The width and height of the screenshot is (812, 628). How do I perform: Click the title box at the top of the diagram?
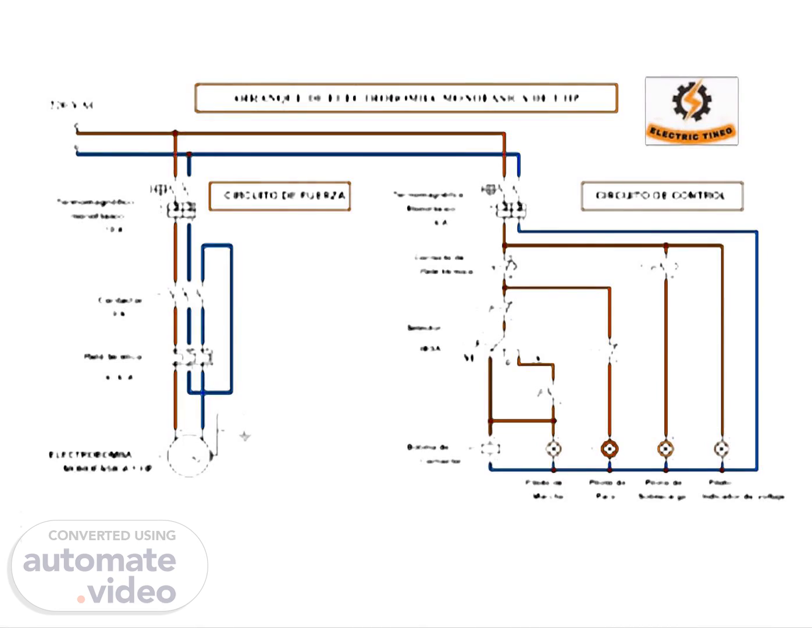[405, 98]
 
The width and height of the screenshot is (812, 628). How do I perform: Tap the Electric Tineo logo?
[691, 111]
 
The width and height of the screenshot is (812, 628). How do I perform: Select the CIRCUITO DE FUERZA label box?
[280, 196]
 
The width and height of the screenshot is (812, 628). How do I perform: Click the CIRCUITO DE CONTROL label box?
[662, 196]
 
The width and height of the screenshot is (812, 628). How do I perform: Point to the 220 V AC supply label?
[72, 105]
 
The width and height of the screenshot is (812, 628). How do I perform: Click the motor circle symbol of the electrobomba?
[189, 455]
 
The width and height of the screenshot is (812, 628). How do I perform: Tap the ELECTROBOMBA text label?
[90, 455]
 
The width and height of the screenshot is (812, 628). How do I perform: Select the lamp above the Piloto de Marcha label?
[553, 449]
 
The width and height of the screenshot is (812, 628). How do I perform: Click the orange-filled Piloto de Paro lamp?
[609, 449]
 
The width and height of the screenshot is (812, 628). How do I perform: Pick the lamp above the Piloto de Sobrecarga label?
[665, 449]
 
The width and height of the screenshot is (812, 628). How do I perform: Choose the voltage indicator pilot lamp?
[721, 449]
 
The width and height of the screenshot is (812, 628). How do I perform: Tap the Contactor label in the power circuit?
[120, 301]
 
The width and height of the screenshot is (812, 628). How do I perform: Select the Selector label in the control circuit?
[424, 328]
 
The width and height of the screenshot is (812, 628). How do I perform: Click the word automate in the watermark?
[99, 561]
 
